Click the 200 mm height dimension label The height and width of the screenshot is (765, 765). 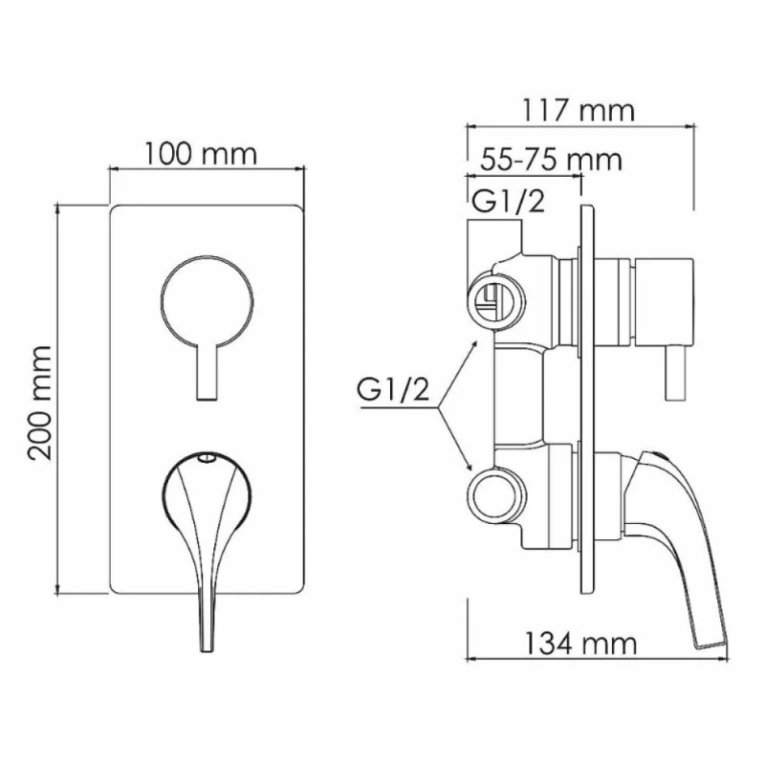39,403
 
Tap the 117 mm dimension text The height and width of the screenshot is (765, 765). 579,111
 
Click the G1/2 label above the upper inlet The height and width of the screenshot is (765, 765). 508,201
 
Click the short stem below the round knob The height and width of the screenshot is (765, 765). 207,373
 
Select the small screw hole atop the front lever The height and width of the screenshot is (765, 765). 207,458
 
